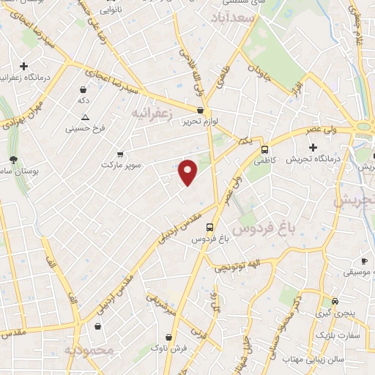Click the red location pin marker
(x=188, y=171)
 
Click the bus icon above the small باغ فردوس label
(x=210, y=227)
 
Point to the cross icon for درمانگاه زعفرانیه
(x=24, y=66)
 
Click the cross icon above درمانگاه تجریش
(x=313, y=146)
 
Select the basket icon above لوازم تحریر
(x=200, y=110)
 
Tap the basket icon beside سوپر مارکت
(x=119, y=155)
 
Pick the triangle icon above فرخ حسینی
(x=86, y=117)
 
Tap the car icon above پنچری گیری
(x=335, y=301)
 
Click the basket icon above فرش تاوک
(x=169, y=337)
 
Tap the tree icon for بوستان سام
(x=13, y=160)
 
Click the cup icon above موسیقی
(x=364, y=261)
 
